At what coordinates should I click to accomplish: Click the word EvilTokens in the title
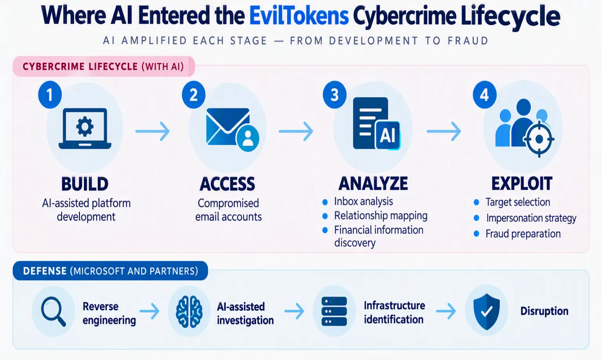tap(299, 16)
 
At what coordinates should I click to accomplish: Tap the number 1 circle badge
tap(50, 95)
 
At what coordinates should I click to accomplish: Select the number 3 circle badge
tap(335, 95)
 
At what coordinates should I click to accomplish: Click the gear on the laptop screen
tap(85, 126)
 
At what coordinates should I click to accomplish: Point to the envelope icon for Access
tap(228, 127)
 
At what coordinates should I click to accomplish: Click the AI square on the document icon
tap(388, 135)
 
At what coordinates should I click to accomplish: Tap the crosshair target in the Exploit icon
tap(539, 139)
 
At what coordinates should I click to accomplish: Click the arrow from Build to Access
tap(152, 131)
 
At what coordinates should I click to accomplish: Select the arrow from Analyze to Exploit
tap(444, 131)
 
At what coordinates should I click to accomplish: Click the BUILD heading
tap(85, 184)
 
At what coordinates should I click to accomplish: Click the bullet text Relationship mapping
tap(381, 216)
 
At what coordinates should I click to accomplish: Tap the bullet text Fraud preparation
tap(523, 234)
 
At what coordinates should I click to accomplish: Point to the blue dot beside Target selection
tap(477, 202)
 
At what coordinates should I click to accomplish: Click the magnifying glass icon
tap(53, 311)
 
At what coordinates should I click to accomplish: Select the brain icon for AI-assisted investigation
tap(189, 312)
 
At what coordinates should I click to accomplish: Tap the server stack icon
tap(334, 311)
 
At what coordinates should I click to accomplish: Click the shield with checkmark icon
tap(487, 311)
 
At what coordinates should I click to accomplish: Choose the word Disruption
tap(544, 311)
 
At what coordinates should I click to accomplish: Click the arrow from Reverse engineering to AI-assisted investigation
tap(149, 311)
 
